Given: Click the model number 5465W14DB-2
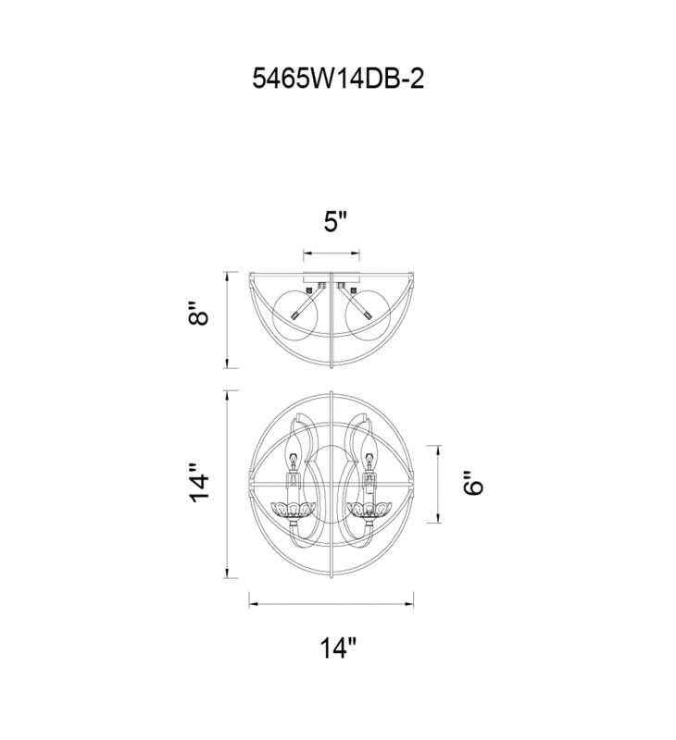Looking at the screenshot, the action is click(338, 79).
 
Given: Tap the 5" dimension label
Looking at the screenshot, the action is click(335, 221).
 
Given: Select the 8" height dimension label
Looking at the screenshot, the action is click(198, 313).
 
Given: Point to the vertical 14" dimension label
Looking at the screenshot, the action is click(198, 483).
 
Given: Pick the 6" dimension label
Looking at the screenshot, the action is click(473, 483).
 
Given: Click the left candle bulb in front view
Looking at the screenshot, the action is click(293, 450).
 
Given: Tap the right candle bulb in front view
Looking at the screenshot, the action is click(370, 450).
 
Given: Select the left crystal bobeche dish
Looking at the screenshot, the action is click(293, 510).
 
